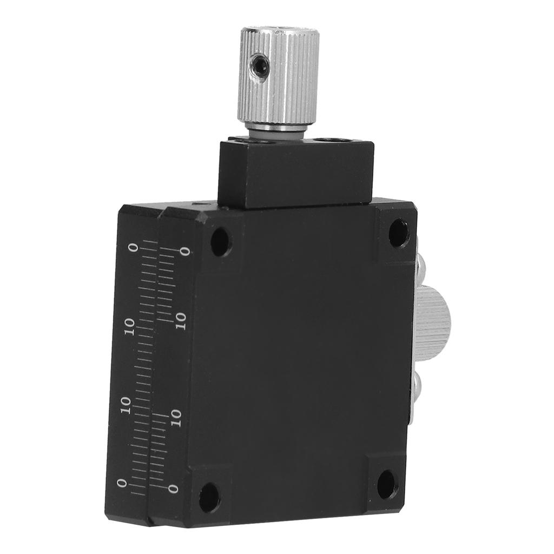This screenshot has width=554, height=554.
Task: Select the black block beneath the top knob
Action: click(x=296, y=173)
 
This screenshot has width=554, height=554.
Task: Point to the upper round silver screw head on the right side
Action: click(x=420, y=266)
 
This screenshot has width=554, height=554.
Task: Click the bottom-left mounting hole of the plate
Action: click(x=209, y=498)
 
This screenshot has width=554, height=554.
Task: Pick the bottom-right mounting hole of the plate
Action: click(x=387, y=484)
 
